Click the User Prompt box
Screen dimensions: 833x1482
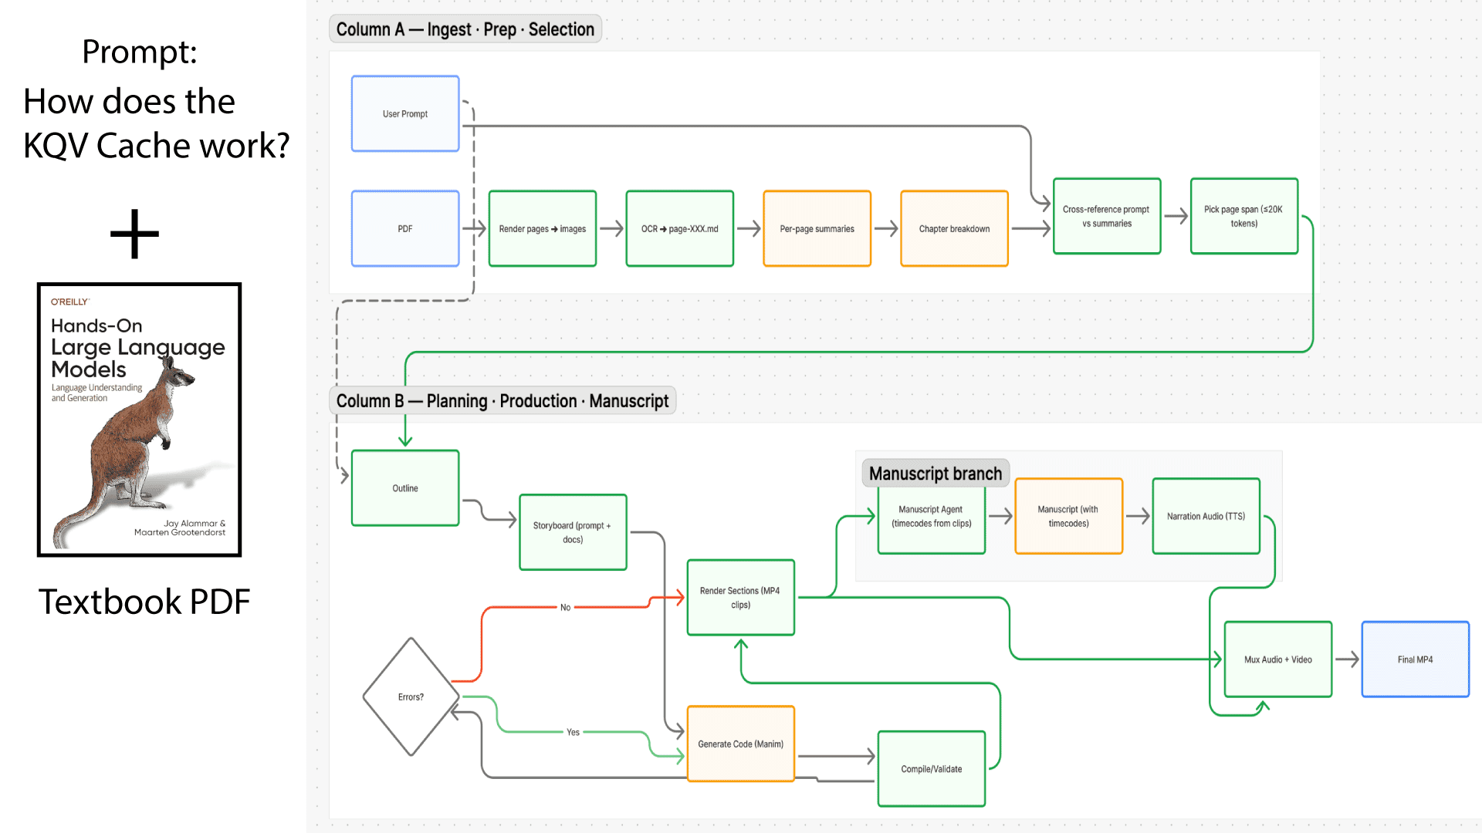pyautogui.click(x=405, y=113)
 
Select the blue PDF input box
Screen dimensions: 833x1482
pyautogui.click(x=405, y=228)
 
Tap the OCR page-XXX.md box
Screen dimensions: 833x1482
pyautogui.click(x=679, y=228)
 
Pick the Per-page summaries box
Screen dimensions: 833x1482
pyautogui.click(x=817, y=228)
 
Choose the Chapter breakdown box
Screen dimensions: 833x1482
pyautogui.click(x=954, y=228)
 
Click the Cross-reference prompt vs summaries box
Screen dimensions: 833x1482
pyautogui.click(x=1106, y=216)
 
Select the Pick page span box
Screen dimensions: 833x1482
pyautogui.click(x=1243, y=216)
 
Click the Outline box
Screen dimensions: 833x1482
pyautogui.click(x=405, y=488)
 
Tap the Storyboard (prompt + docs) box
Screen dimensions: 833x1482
pyautogui.click(x=573, y=532)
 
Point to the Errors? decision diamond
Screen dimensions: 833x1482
pyautogui.click(x=411, y=696)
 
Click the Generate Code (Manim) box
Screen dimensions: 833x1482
pyautogui.click(x=740, y=744)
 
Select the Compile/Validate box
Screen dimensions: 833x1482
pyautogui.click(x=931, y=769)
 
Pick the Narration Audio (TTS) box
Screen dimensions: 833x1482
pyautogui.click(x=1206, y=516)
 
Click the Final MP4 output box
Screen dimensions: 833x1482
pyautogui.click(x=1415, y=659)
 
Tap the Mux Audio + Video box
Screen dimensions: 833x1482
pyautogui.click(x=1277, y=659)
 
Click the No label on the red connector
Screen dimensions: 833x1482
pyautogui.click(x=565, y=608)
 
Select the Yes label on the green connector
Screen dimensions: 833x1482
pyautogui.click(x=573, y=732)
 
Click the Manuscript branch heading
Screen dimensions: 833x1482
pyautogui.click(x=935, y=474)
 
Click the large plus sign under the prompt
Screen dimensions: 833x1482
pyautogui.click(x=135, y=234)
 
